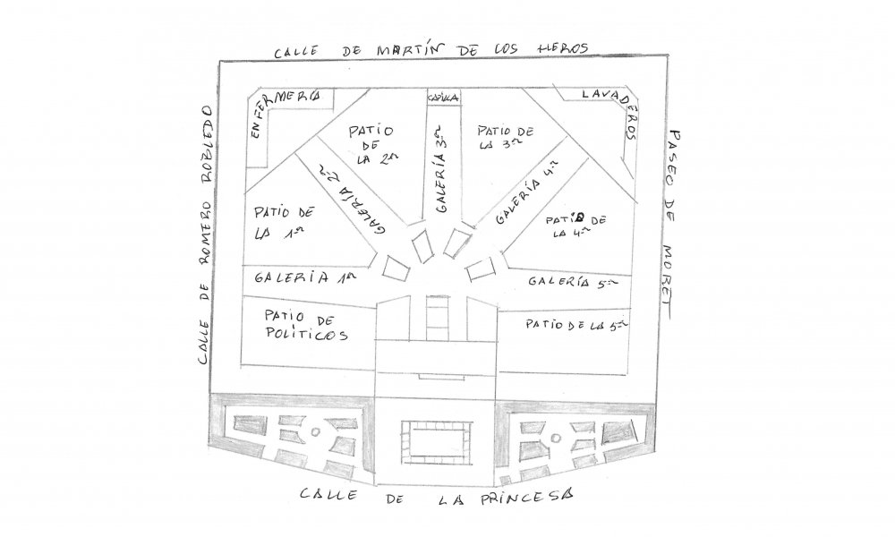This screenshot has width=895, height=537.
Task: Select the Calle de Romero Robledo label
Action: point(205,236)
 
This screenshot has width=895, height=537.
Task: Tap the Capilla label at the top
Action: point(444,96)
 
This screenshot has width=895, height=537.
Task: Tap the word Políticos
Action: point(306,334)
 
